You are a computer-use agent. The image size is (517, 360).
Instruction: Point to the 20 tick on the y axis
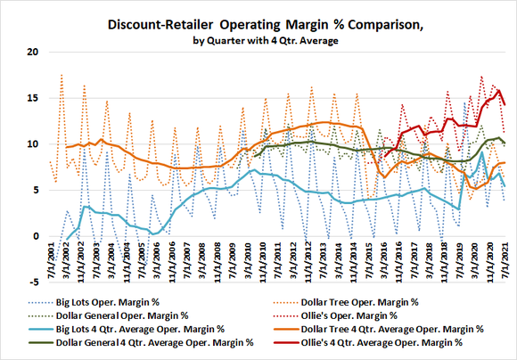coord(31,52)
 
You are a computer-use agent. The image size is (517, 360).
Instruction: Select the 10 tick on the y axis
coord(31,144)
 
